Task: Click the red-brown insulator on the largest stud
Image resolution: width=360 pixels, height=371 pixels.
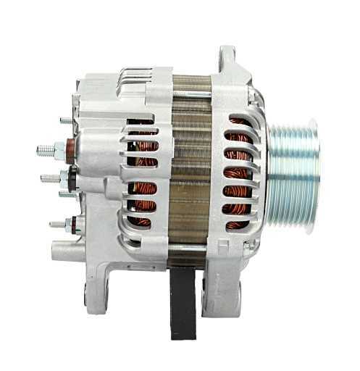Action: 70,150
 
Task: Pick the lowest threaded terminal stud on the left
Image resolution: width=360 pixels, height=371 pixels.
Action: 56,225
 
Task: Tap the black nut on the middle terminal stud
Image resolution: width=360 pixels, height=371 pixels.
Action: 73,177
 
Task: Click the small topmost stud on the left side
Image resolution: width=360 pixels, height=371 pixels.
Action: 65,120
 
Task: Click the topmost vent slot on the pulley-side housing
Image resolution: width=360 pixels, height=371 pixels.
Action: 240,119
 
